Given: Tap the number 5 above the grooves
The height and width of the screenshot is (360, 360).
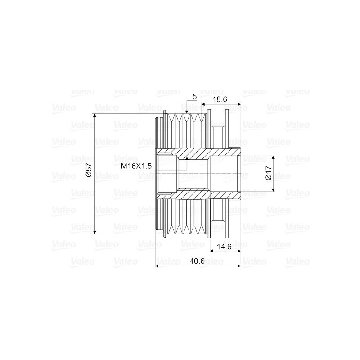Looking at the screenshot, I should point(194,96).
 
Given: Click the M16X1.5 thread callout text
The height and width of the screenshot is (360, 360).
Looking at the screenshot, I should point(136,166).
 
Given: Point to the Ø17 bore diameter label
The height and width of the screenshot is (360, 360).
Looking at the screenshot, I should point(268,174).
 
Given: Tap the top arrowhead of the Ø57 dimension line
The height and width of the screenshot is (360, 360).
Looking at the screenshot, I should point(95,116).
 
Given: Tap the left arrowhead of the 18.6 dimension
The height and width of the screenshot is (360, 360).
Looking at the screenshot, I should point(203,105).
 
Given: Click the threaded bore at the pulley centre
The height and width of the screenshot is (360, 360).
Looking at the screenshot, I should point(193,174).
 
